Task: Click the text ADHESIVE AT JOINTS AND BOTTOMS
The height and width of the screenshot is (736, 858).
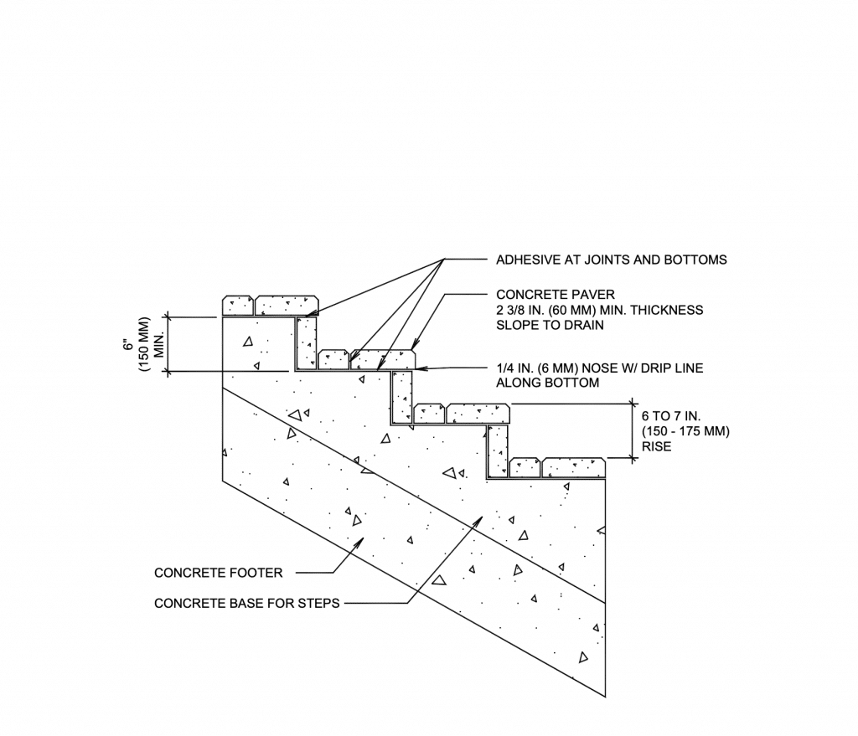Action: (611, 260)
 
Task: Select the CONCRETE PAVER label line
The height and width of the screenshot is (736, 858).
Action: (556, 295)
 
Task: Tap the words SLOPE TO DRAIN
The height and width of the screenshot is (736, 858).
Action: (550, 325)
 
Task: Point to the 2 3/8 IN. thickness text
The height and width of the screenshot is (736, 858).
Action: (599, 310)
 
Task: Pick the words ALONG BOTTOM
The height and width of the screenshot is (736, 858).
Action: (547, 383)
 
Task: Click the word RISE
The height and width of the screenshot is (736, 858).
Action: (656, 446)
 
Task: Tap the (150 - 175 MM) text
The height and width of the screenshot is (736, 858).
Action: (685, 431)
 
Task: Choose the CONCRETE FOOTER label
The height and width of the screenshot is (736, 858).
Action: (219, 573)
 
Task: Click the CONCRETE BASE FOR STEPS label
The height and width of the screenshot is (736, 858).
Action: (247, 603)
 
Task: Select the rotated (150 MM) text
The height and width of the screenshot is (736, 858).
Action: (143, 344)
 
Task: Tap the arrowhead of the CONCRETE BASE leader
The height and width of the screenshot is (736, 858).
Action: (480, 518)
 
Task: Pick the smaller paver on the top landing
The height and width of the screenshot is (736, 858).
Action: (237, 305)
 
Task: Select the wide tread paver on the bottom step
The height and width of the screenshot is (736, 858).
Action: (574, 467)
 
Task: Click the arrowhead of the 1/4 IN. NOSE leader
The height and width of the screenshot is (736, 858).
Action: (418, 368)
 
